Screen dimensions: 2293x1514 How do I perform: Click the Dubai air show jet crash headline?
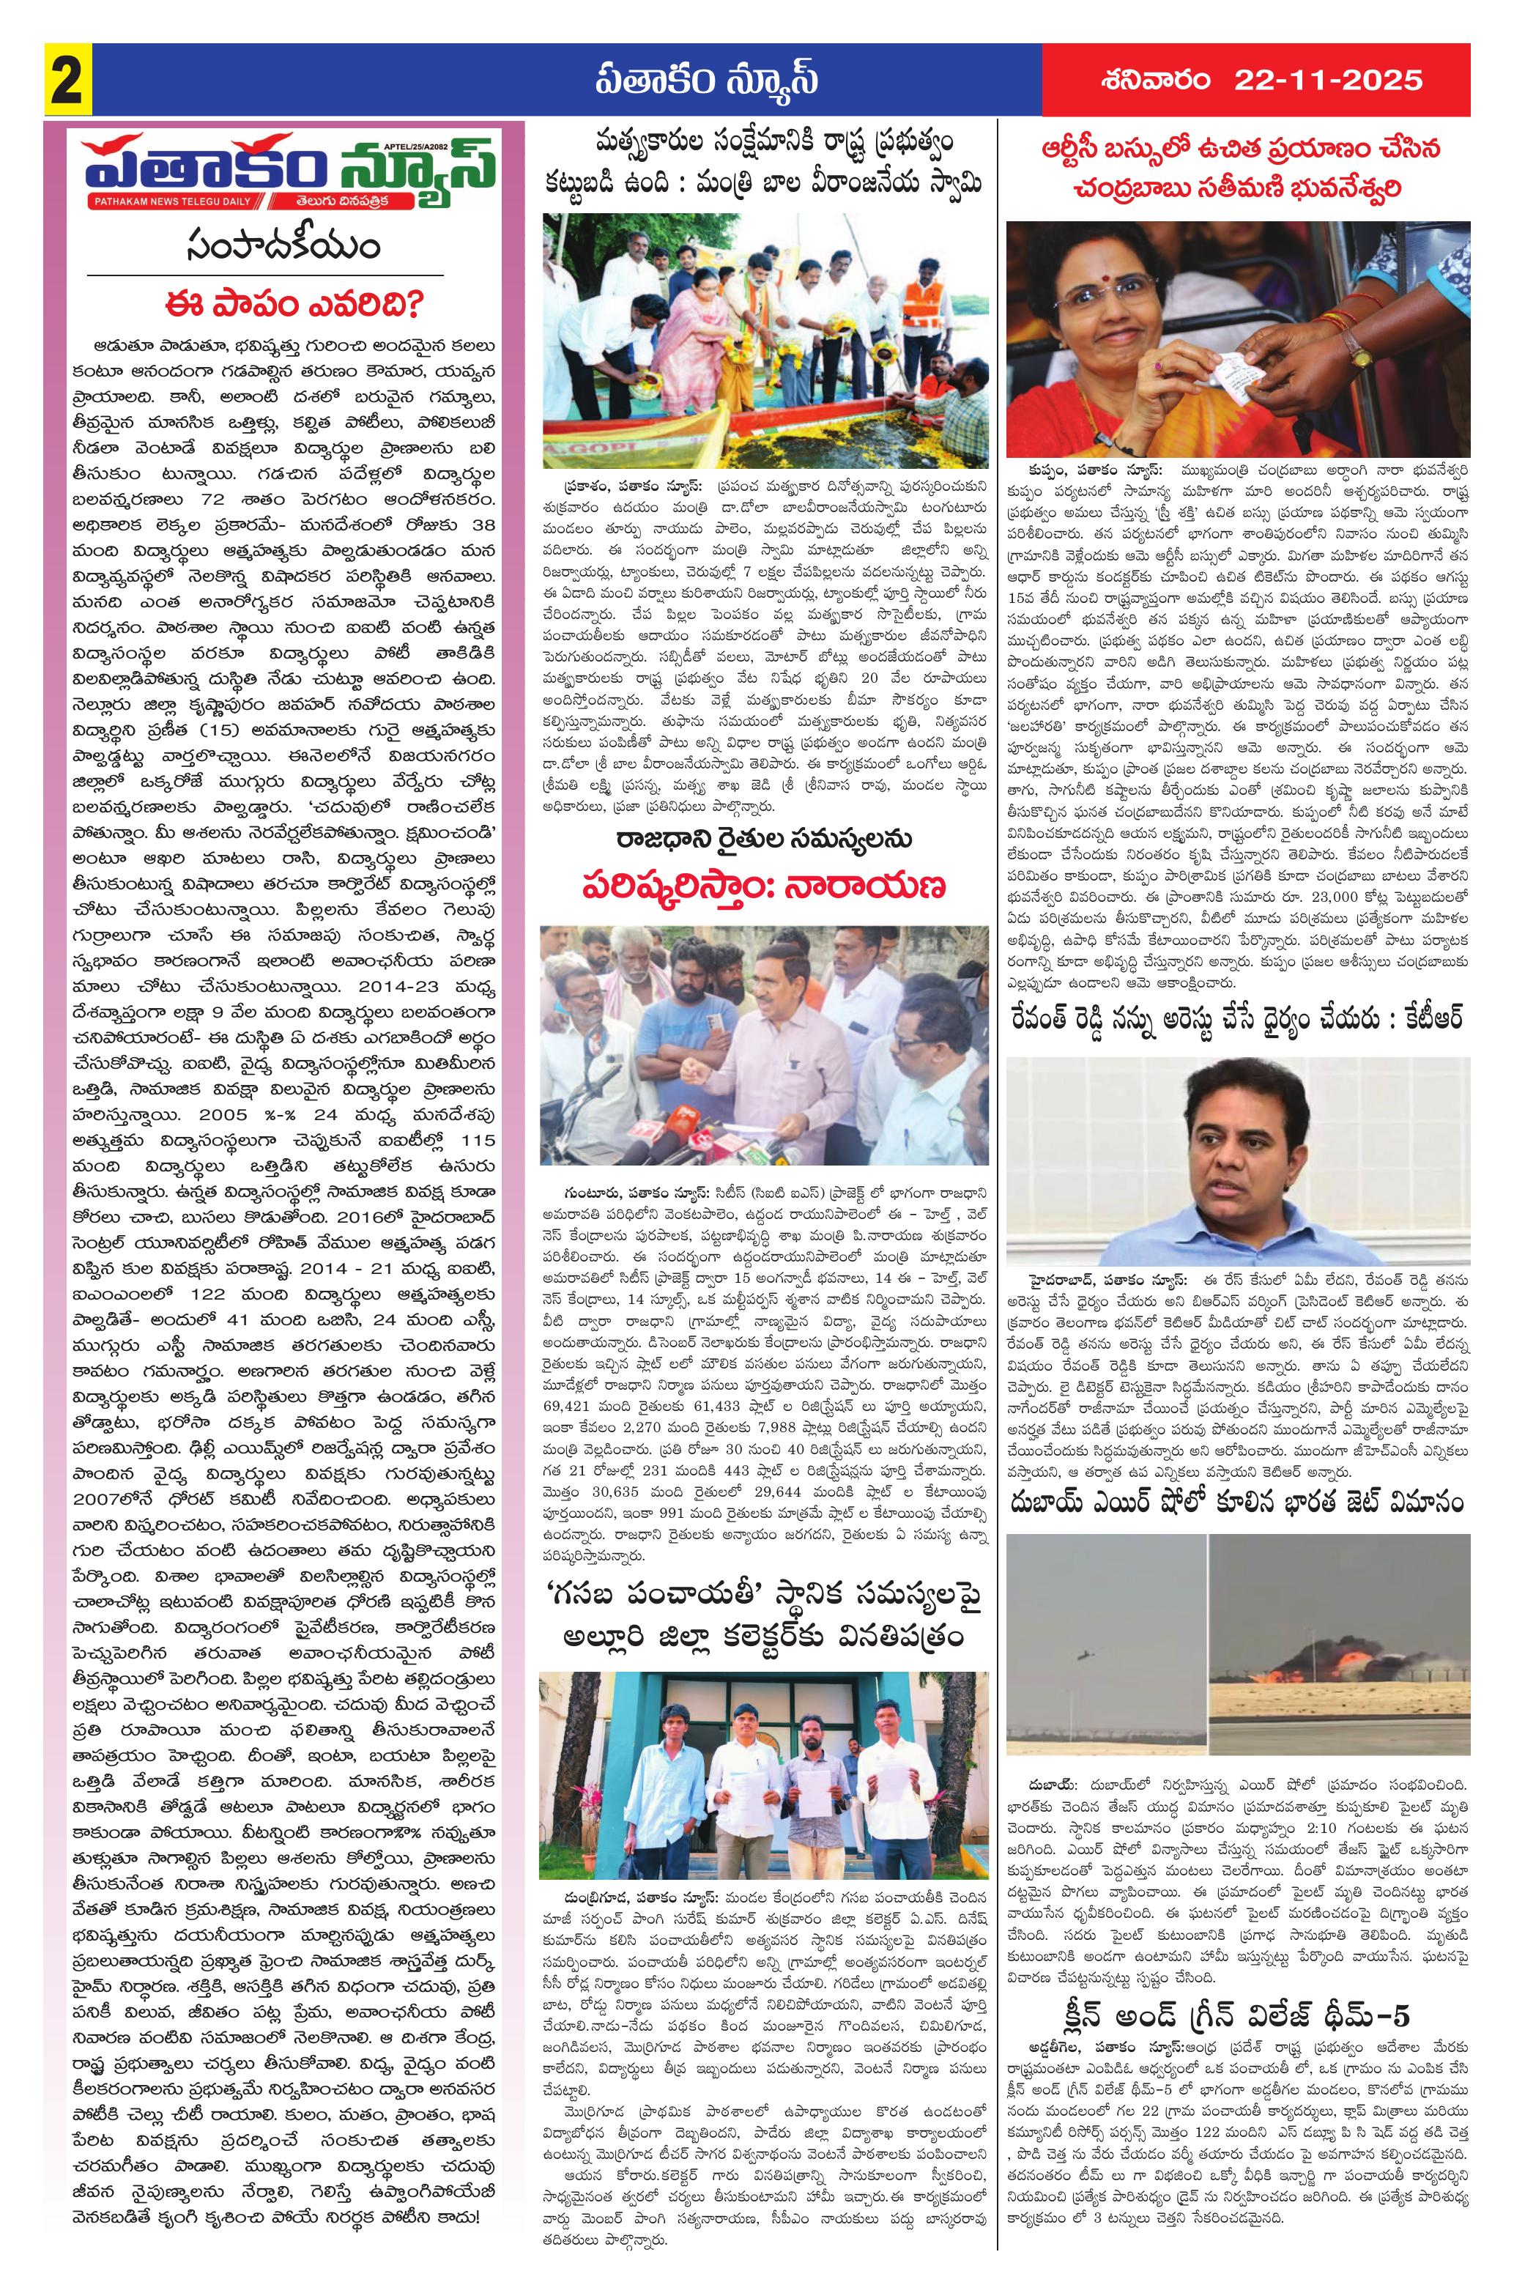(x=1239, y=1503)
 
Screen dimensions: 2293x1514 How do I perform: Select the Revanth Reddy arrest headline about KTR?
(x=1239, y=1018)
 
